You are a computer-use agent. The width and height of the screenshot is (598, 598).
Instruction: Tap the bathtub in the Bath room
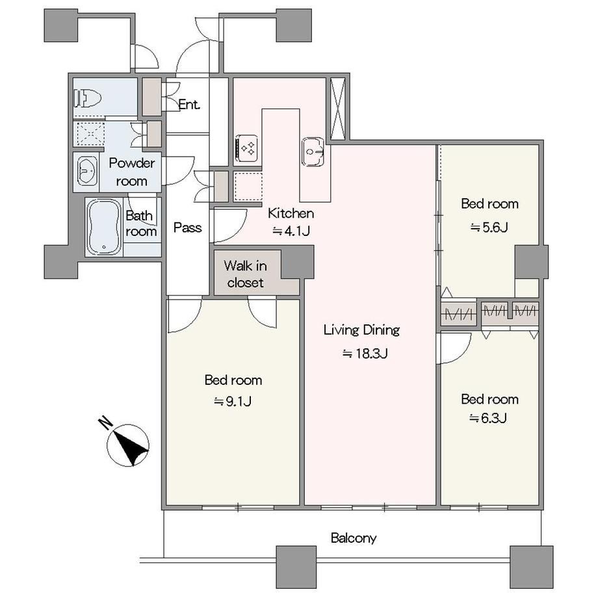tap(104, 227)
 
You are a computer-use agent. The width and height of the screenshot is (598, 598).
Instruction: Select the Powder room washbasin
tap(87, 171)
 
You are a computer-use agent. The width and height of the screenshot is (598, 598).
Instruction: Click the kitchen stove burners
tap(247, 148)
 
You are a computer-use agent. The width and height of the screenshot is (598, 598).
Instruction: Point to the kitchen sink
tap(313, 151)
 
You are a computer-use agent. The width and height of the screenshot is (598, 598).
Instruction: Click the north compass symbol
tap(128, 445)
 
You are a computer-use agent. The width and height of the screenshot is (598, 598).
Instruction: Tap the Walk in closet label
tap(245, 274)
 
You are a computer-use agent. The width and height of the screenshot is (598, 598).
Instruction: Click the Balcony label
tap(354, 538)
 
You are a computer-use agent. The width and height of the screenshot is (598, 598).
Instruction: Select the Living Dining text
tap(361, 330)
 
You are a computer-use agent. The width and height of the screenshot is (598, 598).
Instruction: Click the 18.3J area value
tap(365, 354)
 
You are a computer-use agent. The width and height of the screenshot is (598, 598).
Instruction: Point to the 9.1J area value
tap(233, 401)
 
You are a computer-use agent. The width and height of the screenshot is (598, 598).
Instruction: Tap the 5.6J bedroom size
tap(489, 227)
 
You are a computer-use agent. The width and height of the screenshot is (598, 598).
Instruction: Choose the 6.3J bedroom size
tap(488, 419)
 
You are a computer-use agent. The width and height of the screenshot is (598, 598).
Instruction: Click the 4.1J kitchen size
tap(291, 231)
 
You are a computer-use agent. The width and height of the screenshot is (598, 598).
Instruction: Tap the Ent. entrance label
tap(189, 105)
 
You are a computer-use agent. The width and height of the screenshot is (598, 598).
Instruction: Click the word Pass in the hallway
tap(187, 227)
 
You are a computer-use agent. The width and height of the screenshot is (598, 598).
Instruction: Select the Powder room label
tap(131, 172)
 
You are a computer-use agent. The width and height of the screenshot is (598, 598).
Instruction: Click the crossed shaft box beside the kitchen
tap(337, 109)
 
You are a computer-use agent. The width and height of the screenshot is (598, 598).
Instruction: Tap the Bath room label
tap(141, 224)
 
